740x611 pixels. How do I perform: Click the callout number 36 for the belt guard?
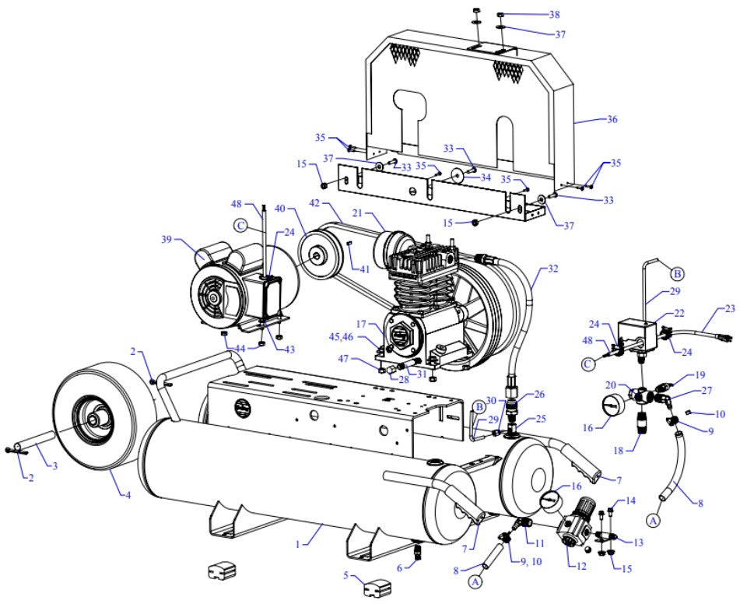point(612,120)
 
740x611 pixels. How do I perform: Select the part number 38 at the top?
point(554,15)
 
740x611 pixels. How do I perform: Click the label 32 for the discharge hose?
point(553,269)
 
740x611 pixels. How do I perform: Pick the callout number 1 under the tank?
point(297,545)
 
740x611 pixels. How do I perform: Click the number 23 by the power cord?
point(730,308)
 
